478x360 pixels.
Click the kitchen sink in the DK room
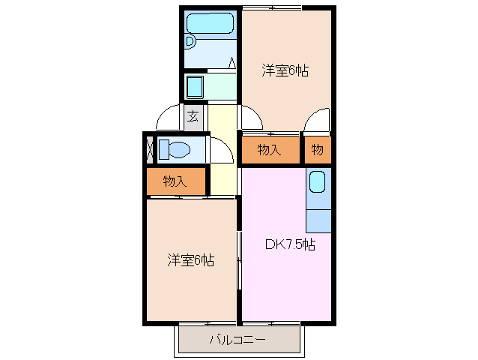[317, 182]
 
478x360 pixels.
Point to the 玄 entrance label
[193, 116]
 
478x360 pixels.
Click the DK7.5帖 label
[290, 244]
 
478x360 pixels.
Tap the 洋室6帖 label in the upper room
[285, 71]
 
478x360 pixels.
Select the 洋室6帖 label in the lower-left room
[190, 260]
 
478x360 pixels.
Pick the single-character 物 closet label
[318, 150]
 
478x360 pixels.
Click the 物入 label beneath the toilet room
[175, 181]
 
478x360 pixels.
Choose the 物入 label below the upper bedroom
[269, 150]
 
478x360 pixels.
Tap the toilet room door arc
[222, 150]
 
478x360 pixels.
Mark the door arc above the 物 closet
[317, 120]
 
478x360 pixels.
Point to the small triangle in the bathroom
[232, 63]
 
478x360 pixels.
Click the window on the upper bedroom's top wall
[271, 8]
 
